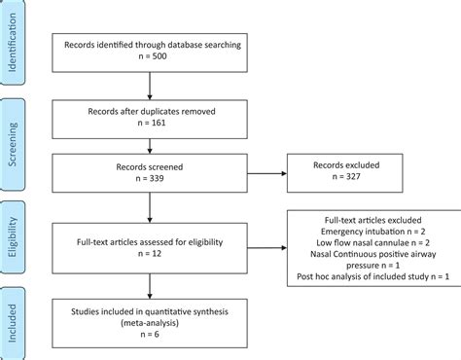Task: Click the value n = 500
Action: coord(149,57)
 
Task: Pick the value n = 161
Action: coord(149,124)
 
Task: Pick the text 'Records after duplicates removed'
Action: coord(149,111)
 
